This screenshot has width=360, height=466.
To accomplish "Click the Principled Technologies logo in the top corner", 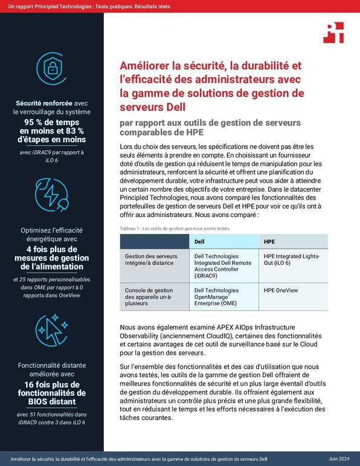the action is tap(333, 31).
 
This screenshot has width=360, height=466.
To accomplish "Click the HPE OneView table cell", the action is tap(281, 291).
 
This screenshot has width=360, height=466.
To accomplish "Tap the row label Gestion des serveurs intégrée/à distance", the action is tap(153, 260).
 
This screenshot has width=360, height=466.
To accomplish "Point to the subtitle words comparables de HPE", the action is tap(162, 133).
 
